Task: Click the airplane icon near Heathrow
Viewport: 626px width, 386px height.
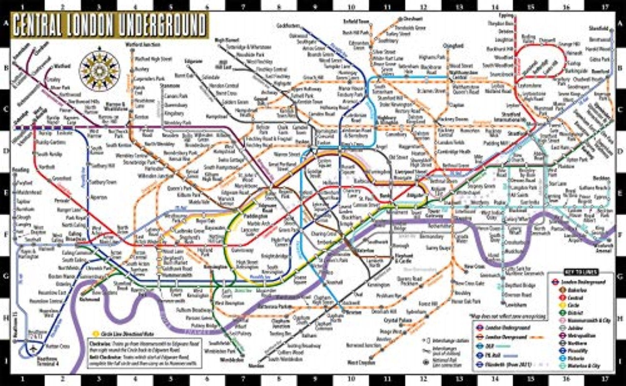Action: coord(33,349)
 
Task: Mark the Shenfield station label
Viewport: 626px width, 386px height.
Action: coord(598,28)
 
